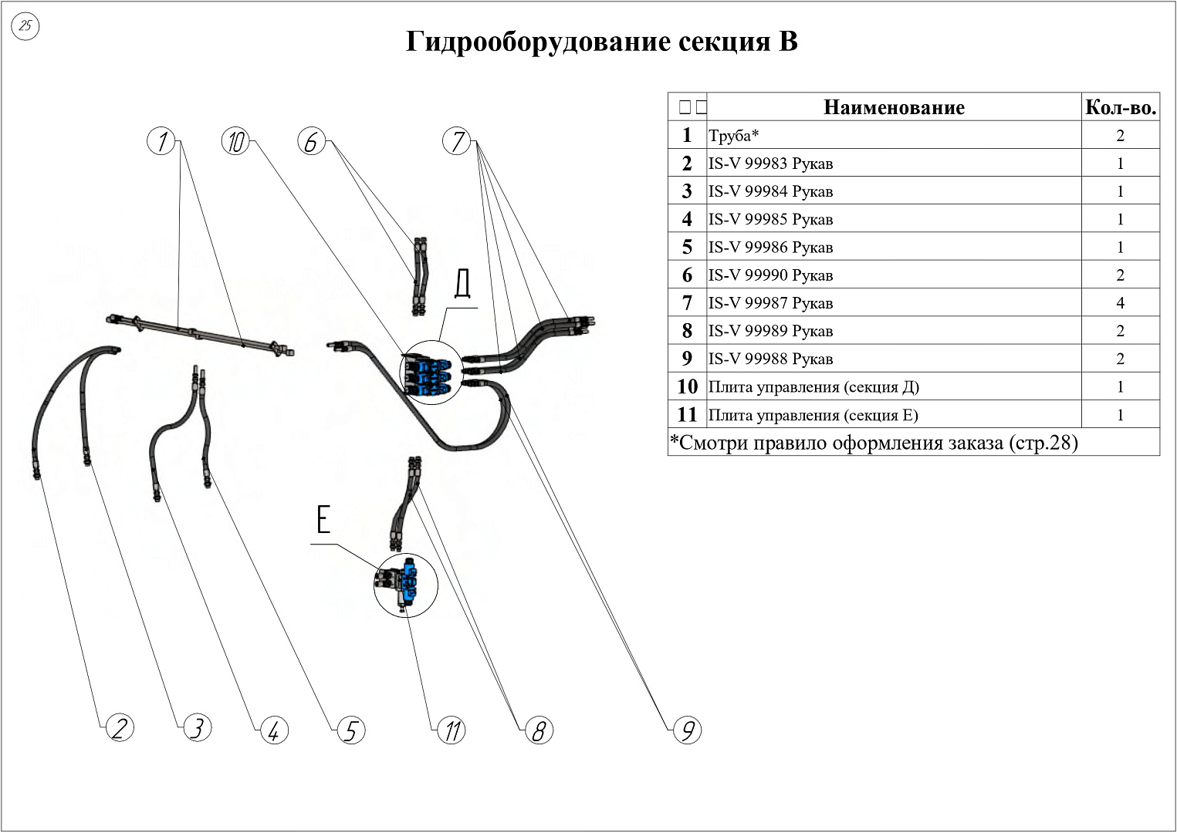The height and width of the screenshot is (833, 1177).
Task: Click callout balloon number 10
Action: (x=235, y=141)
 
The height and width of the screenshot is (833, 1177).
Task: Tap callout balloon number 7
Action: (x=457, y=141)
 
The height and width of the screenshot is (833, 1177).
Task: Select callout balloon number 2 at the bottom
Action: (x=119, y=728)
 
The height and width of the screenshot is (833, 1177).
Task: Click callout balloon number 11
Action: (x=452, y=730)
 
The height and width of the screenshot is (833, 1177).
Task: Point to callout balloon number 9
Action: (x=686, y=730)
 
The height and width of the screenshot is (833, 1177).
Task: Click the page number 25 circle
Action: (x=25, y=26)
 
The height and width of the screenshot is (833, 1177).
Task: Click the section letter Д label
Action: (x=462, y=283)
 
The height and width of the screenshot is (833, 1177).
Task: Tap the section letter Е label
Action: (x=323, y=519)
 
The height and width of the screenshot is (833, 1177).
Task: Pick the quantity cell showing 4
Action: (x=1120, y=303)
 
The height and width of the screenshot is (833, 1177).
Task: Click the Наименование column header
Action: (x=894, y=107)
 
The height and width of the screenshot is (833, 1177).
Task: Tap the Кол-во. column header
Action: (x=1120, y=107)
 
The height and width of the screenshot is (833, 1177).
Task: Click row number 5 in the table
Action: (x=687, y=248)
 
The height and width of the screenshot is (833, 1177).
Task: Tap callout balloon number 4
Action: (x=273, y=730)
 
